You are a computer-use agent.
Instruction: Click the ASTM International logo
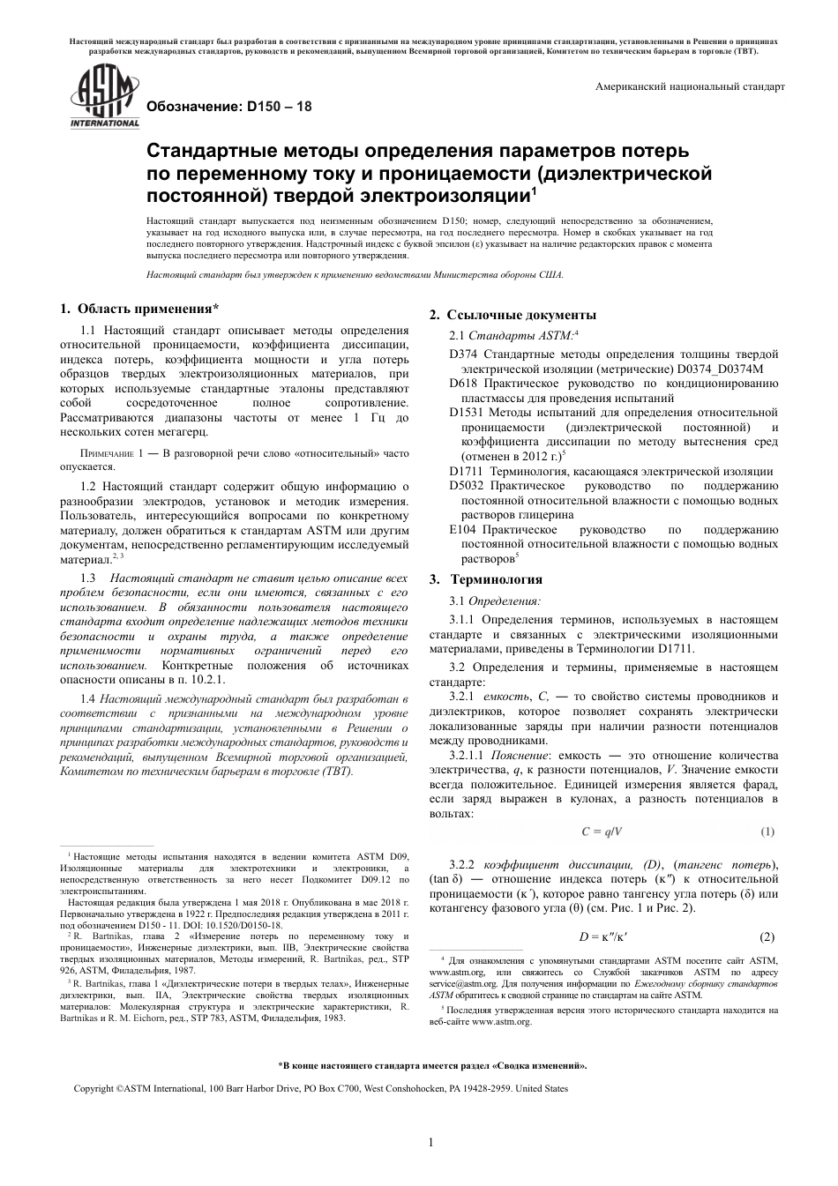point(104,100)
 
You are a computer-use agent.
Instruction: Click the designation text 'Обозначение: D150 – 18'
point(228,106)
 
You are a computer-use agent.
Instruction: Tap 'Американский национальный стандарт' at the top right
point(690,87)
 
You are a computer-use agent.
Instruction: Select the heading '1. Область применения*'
point(139,309)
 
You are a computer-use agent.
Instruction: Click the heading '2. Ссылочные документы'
point(513,315)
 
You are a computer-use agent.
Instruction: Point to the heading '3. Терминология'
point(486,579)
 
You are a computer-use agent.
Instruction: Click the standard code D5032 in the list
point(467,486)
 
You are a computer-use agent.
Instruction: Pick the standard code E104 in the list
point(462,530)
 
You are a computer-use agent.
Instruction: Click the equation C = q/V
point(602,832)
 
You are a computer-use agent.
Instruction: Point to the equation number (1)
point(767,832)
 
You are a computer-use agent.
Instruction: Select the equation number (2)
point(767,936)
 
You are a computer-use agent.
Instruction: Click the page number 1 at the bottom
point(430,1144)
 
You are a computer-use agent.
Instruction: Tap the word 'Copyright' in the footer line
point(94,1089)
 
